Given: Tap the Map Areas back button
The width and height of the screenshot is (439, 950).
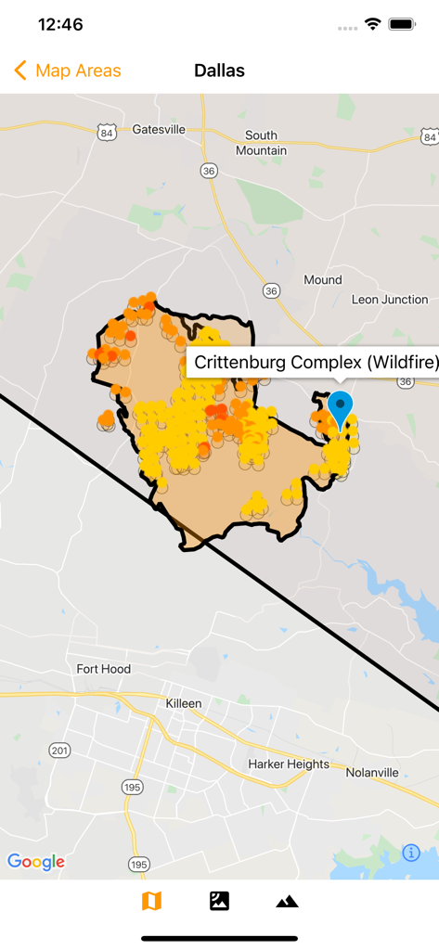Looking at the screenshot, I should point(68,71).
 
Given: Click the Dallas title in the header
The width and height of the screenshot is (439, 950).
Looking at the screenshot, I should point(219,71).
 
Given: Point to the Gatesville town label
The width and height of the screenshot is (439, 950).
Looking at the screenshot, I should point(159,129).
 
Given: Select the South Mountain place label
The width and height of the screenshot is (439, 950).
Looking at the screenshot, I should point(261,143).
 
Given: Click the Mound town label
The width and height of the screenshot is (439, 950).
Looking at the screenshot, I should point(323,279).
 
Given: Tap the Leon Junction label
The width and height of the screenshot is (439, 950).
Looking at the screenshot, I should point(390,300).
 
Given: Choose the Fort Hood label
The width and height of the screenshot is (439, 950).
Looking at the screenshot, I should point(103,669).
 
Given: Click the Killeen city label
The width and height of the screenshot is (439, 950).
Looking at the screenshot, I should point(184,703).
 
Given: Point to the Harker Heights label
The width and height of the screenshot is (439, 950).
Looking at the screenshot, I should point(289,764).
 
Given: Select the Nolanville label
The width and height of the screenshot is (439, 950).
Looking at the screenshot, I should point(371,772).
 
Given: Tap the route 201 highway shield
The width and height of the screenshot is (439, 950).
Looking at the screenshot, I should point(59,750).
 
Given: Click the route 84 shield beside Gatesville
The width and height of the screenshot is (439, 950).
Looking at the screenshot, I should point(108,133).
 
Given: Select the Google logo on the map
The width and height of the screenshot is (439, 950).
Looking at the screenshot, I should point(36,861).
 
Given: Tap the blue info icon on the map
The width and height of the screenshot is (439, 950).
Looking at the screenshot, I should point(411,853).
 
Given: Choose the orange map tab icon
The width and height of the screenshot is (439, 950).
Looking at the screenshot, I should point(151,901).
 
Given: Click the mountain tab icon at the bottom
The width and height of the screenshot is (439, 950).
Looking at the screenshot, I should point(287,901).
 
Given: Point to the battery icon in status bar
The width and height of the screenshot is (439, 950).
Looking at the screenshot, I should point(402,25).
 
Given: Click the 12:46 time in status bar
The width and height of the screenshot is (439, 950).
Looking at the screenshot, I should point(60,25).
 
